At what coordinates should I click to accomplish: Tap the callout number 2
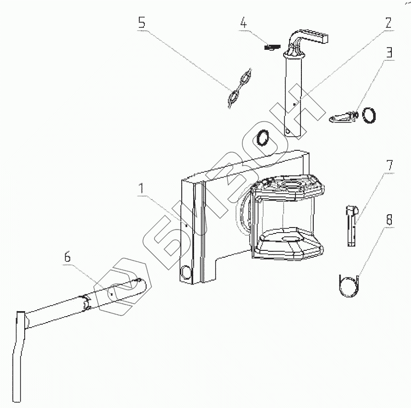click(388, 23)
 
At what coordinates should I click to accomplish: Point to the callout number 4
click(244, 23)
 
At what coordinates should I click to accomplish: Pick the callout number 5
click(142, 23)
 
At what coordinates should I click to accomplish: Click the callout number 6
click(67, 257)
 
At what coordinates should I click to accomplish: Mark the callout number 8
click(389, 220)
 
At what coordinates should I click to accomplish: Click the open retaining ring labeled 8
click(350, 286)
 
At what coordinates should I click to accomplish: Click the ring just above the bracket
click(263, 137)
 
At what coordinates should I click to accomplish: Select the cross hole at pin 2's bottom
click(287, 131)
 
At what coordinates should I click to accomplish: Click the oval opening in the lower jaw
click(289, 239)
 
